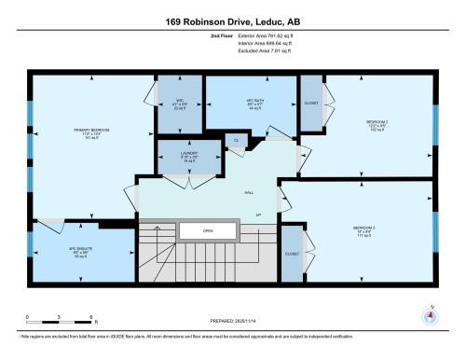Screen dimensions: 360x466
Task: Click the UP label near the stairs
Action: tap(257, 215)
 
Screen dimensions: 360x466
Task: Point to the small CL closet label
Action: tap(236, 142)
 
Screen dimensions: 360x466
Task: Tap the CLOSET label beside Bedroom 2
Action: tap(310, 103)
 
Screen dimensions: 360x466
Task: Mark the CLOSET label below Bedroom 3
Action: tap(292, 253)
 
